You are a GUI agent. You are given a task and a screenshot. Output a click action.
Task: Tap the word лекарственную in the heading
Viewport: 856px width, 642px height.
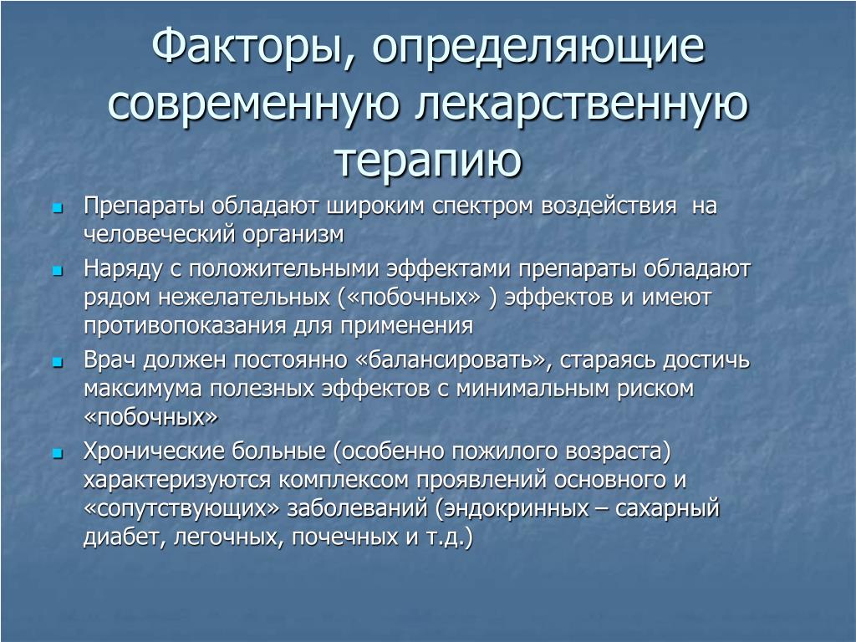[581, 104]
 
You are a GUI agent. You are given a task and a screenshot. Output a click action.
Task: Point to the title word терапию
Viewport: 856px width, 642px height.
[428, 160]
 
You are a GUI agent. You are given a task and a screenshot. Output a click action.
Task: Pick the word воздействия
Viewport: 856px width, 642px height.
[609, 207]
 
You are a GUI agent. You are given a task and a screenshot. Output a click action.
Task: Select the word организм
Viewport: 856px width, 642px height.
[293, 235]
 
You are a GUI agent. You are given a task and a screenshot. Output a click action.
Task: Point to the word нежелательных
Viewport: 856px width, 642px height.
[244, 298]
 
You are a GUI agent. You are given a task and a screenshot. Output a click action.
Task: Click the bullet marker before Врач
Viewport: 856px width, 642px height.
[58, 362]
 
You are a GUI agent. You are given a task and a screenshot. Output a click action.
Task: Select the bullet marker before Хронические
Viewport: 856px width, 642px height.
[58, 453]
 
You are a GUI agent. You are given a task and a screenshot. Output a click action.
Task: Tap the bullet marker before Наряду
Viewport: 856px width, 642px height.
[58, 271]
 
